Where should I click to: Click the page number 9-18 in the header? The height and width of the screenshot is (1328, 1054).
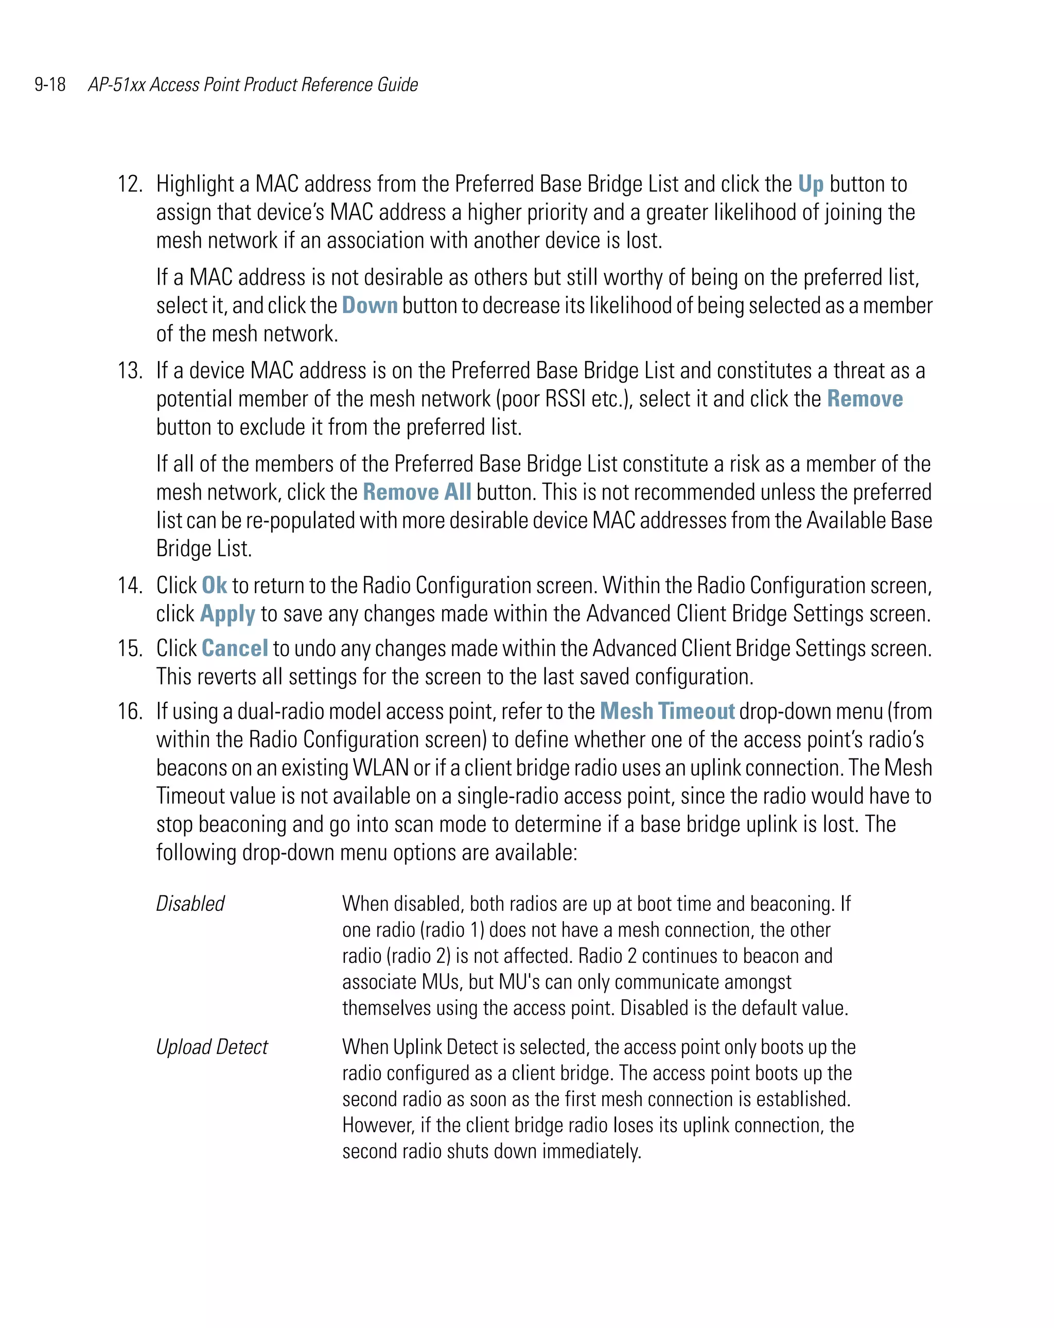[50, 84]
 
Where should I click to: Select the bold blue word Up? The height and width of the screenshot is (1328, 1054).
[810, 184]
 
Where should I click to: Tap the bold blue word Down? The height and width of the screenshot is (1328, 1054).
[370, 305]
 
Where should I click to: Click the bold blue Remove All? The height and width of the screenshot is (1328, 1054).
[417, 492]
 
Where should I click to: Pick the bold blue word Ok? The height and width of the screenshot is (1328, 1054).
[214, 585]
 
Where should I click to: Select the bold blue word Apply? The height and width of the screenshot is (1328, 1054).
[227, 614]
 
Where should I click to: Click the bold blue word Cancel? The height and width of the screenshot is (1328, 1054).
[235, 649]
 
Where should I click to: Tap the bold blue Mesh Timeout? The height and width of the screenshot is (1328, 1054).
[667, 712]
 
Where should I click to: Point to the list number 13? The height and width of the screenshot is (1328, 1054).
[130, 371]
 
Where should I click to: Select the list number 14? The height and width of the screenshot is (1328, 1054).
[130, 585]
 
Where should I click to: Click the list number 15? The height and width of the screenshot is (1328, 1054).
[130, 649]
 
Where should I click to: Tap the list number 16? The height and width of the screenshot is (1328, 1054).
[130, 712]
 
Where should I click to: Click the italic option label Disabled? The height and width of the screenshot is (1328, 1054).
[190, 904]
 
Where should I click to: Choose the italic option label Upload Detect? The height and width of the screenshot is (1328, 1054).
[212, 1046]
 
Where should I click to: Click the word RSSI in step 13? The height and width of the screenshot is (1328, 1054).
[565, 399]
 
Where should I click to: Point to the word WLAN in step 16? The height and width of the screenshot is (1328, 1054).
[380, 768]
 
